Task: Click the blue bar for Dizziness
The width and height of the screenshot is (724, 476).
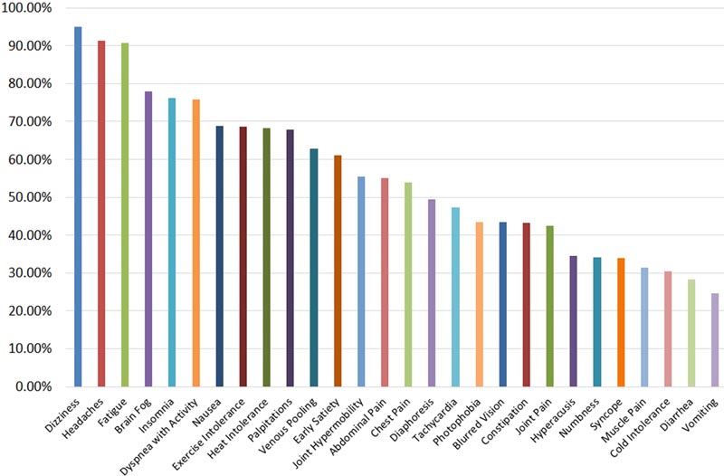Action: [x=78, y=206]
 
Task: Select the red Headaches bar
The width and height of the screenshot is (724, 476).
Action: [x=101, y=214]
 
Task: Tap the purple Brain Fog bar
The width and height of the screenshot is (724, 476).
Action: [x=148, y=239]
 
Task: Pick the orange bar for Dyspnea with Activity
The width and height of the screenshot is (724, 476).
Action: [x=196, y=243]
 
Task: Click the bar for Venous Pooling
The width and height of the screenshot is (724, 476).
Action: [x=314, y=267]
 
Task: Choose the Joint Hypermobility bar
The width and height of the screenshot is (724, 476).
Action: [x=361, y=281]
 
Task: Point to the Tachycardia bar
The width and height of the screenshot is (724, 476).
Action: [x=456, y=297]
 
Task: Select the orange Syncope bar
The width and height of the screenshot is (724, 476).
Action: [x=621, y=322]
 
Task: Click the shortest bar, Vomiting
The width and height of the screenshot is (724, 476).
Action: [x=715, y=339]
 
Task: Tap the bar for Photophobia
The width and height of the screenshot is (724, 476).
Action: [x=480, y=304]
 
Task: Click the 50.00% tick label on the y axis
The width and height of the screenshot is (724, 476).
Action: [x=30, y=197]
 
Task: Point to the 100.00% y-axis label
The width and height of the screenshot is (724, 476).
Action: [x=27, y=8]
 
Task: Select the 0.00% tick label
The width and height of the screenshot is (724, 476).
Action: [x=33, y=386]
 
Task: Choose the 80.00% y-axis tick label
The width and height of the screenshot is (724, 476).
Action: [x=30, y=83]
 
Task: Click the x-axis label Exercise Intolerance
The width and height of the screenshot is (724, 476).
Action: [x=209, y=434]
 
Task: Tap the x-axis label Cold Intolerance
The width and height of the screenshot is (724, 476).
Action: [x=641, y=427]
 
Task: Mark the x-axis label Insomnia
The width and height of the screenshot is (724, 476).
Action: [x=157, y=415]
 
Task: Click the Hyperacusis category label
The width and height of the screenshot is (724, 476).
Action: [x=553, y=420]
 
